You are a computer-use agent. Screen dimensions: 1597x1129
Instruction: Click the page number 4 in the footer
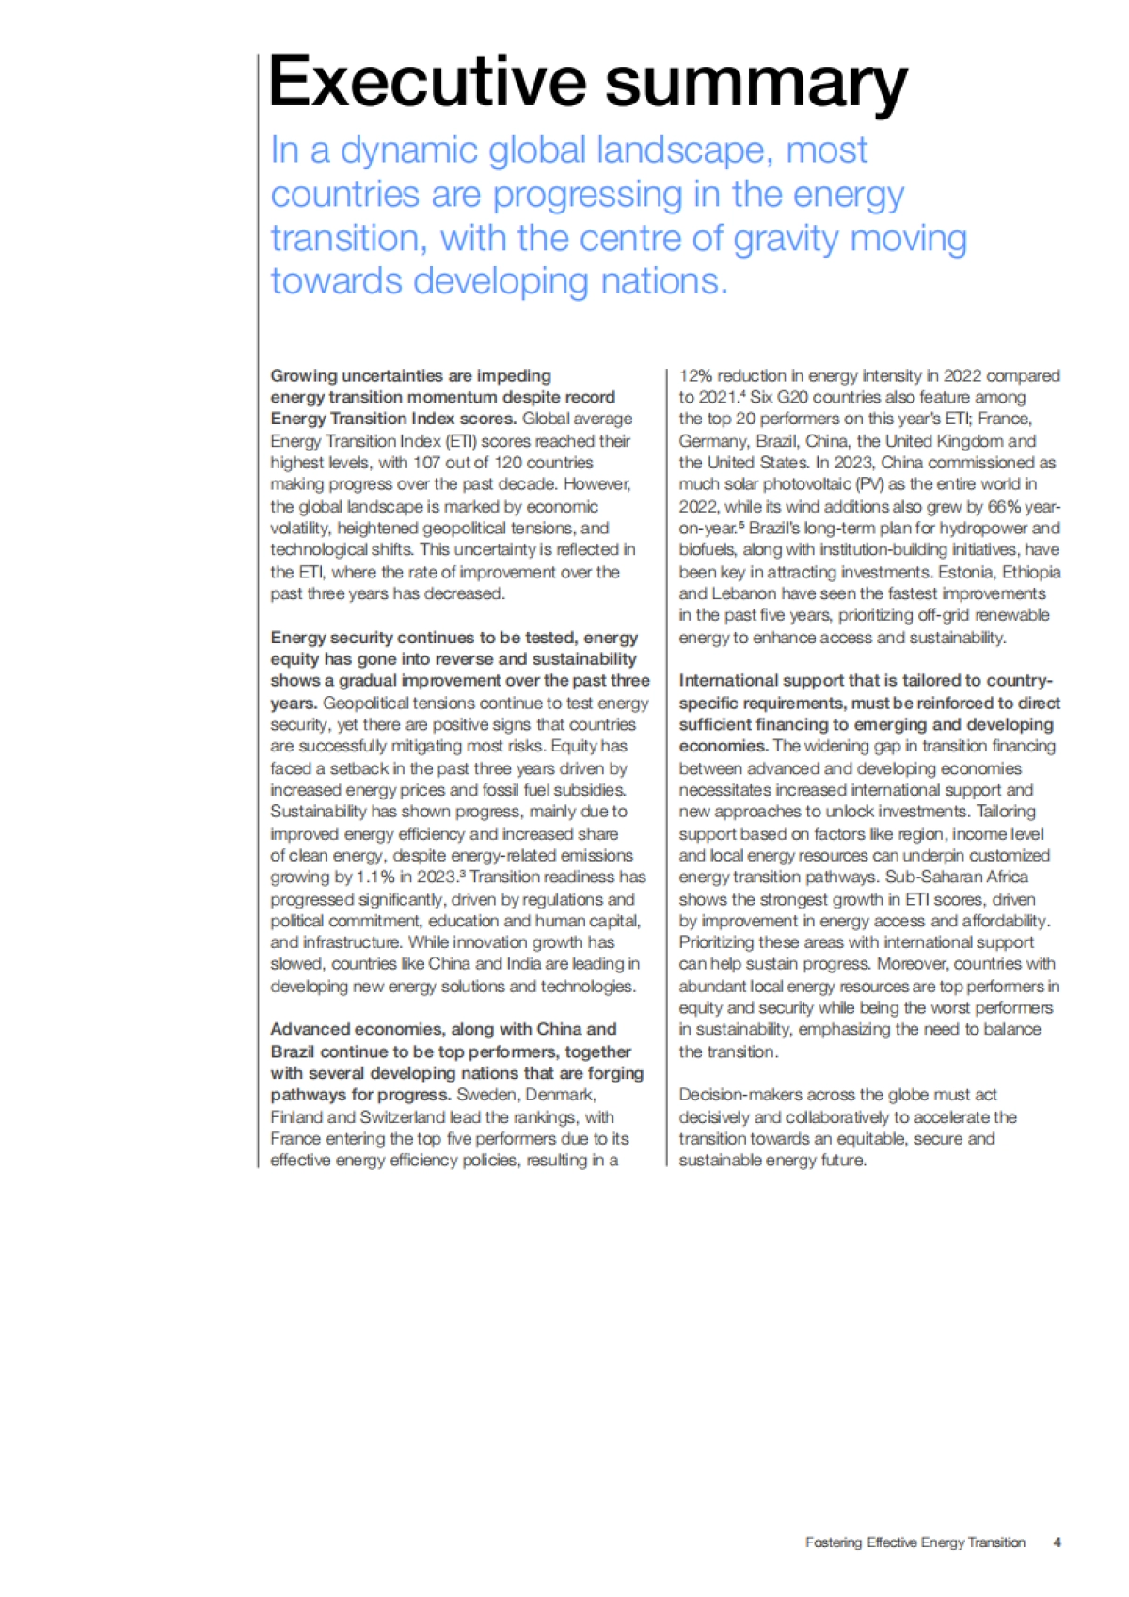coord(1057,1542)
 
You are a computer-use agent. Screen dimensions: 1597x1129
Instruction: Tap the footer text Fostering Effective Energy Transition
coord(914,1542)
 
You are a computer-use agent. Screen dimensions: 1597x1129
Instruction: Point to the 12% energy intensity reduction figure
coord(696,376)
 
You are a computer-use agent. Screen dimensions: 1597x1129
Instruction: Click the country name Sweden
coord(485,1095)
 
